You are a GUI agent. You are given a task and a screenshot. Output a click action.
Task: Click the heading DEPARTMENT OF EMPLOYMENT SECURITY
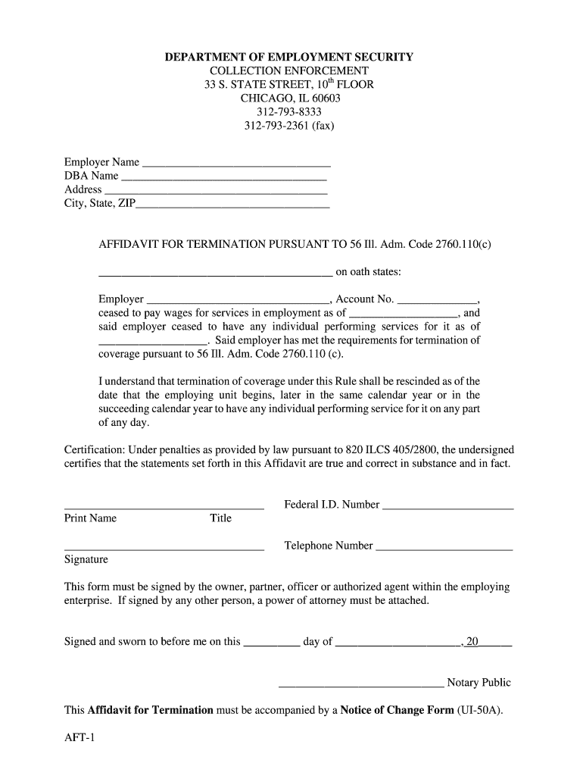click(x=290, y=57)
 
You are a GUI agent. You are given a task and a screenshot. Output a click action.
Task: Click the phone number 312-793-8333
click(x=288, y=111)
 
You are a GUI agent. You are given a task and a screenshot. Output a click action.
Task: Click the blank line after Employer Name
click(x=236, y=163)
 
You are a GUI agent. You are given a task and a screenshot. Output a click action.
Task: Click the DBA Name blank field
click(x=224, y=177)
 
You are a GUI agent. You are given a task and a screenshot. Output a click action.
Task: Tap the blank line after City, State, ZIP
click(x=232, y=204)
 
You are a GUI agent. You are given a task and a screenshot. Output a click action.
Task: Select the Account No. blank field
click(x=437, y=300)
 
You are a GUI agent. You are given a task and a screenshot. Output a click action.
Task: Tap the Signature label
click(x=86, y=559)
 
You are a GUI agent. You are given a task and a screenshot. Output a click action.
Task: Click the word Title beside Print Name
click(x=220, y=518)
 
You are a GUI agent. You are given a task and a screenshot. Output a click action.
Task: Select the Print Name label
click(x=91, y=518)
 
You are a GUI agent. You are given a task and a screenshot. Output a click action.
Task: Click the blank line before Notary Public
click(x=361, y=684)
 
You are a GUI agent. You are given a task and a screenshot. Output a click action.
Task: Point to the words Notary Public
click(x=479, y=683)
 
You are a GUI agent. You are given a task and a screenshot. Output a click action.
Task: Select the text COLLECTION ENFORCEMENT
click(x=289, y=70)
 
